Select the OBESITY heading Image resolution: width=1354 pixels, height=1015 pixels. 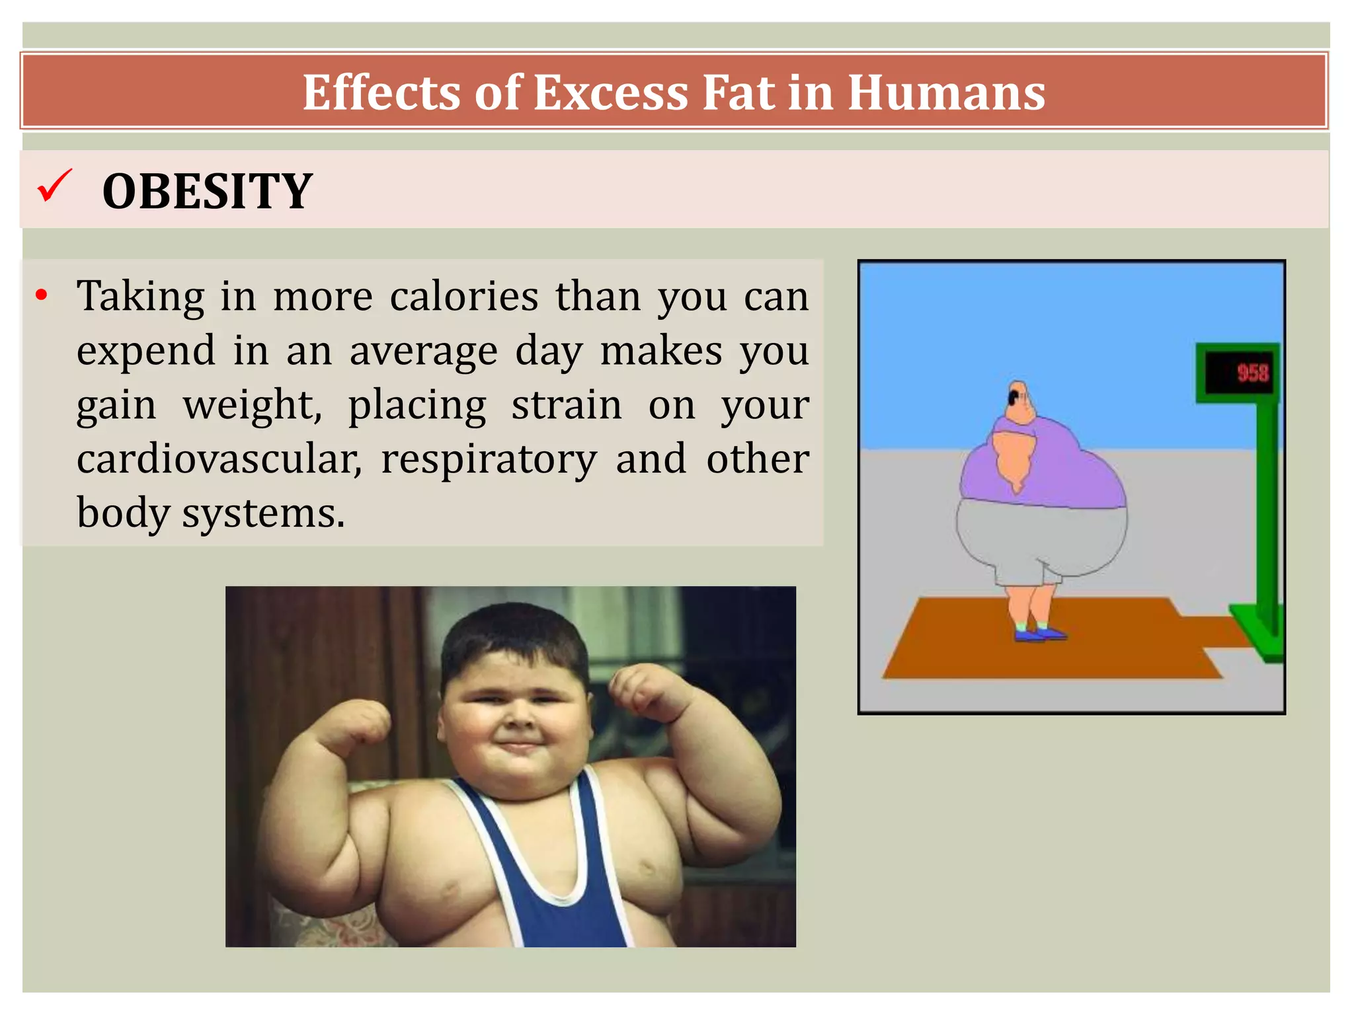pos(207,192)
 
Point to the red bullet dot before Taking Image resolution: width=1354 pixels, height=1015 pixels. pos(42,295)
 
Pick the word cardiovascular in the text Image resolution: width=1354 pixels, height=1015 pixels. pos(219,459)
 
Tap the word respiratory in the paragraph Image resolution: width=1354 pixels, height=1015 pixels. pos(489,459)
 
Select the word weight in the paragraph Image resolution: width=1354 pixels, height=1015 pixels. pos(252,404)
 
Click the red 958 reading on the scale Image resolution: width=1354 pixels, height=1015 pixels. pos(1252,373)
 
